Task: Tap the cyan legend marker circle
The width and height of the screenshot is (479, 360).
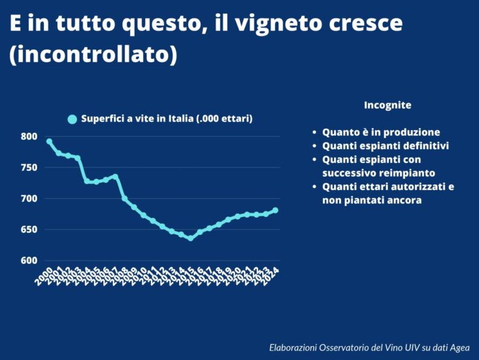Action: click(x=73, y=119)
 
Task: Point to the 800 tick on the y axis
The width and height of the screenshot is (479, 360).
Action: click(x=28, y=137)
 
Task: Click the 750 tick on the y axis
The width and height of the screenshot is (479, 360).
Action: click(x=28, y=168)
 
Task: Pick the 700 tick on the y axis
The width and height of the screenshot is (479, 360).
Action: click(x=28, y=198)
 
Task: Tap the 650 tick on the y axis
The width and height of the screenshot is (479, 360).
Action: click(x=28, y=230)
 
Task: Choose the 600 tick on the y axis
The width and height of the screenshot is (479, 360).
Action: click(x=28, y=261)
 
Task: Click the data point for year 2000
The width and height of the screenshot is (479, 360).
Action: click(x=49, y=141)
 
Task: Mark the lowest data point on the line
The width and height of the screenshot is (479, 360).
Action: click(x=191, y=238)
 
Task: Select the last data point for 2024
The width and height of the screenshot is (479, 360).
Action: click(x=275, y=210)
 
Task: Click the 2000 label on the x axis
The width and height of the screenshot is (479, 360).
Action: click(x=44, y=276)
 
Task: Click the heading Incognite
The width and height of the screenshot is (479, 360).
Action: click(x=388, y=105)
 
